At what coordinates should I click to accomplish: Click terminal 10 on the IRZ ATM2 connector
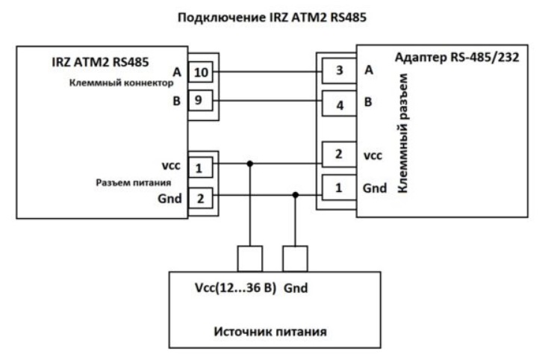point(201,72)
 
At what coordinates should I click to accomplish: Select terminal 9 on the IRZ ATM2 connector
point(200,101)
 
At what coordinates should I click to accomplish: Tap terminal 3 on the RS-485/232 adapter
point(339,71)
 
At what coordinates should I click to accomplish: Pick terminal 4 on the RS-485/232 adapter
point(339,104)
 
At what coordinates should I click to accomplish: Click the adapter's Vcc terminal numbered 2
point(339,154)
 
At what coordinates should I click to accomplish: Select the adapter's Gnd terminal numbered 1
point(339,187)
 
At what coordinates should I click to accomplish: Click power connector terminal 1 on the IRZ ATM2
point(200,167)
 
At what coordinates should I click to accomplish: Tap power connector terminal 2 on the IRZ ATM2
point(200,198)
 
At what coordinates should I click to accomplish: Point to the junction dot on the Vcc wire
point(250,164)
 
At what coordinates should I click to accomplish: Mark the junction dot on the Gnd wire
point(296,195)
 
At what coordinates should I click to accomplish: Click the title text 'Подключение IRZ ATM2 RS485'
point(272,17)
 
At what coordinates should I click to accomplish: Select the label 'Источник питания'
point(270,332)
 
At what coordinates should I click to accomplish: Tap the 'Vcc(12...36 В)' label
point(236,288)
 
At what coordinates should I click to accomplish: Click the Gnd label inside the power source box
point(296,288)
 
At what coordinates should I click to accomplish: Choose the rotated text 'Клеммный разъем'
point(403,133)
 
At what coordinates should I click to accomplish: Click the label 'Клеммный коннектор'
point(121,83)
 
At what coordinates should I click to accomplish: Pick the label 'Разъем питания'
point(134,182)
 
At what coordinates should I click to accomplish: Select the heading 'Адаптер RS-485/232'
point(457,57)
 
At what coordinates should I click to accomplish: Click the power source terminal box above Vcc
point(250,258)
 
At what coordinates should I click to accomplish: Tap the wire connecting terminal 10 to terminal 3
point(267,72)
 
